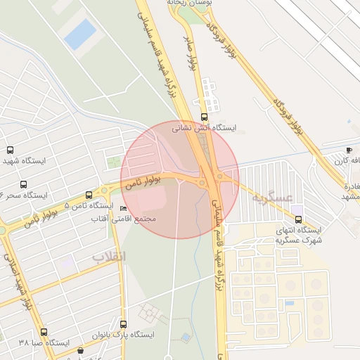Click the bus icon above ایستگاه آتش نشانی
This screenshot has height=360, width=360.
[204, 117]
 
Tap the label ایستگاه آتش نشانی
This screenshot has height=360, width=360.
[205, 129]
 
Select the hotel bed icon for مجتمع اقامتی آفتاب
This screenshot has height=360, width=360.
[124, 208]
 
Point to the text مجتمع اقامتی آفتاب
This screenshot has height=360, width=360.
[124, 219]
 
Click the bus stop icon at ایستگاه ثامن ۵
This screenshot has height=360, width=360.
[89, 195]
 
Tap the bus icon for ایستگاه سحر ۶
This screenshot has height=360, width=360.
[23, 184]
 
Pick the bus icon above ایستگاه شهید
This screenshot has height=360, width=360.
[10, 150]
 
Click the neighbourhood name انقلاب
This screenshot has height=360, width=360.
[109, 256]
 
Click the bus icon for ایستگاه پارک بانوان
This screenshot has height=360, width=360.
[124, 324]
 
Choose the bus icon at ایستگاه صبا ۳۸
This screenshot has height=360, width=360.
[44, 332]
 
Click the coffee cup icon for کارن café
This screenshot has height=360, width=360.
[349, 150]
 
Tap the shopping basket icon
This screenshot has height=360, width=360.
[81, 350]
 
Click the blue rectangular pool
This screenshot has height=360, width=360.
[81, 33]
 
